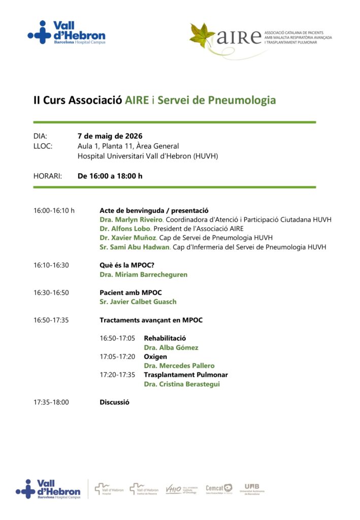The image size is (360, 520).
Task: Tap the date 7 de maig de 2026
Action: tap(110, 136)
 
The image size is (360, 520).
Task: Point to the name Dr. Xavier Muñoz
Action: tap(128, 238)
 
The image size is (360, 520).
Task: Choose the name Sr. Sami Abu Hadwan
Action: tap(135, 247)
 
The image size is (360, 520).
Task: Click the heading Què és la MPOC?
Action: tap(126, 265)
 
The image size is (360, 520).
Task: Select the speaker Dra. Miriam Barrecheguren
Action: tap(143, 274)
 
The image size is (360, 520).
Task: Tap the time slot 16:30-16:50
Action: tap(51, 292)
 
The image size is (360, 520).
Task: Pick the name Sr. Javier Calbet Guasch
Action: tap(138, 302)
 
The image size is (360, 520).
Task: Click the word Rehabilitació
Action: tap(165, 338)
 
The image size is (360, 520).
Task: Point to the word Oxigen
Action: tap(155, 356)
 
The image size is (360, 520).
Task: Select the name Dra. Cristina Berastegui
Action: tap(182, 384)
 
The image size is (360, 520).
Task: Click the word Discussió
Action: tap(114, 402)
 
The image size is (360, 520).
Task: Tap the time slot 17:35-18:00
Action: tap(51, 402)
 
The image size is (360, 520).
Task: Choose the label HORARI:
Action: tap(48, 176)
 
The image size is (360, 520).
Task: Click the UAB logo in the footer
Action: tap(252, 489)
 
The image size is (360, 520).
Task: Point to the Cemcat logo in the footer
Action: tap(219, 489)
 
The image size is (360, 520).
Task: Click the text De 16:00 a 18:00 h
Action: tap(110, 176)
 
